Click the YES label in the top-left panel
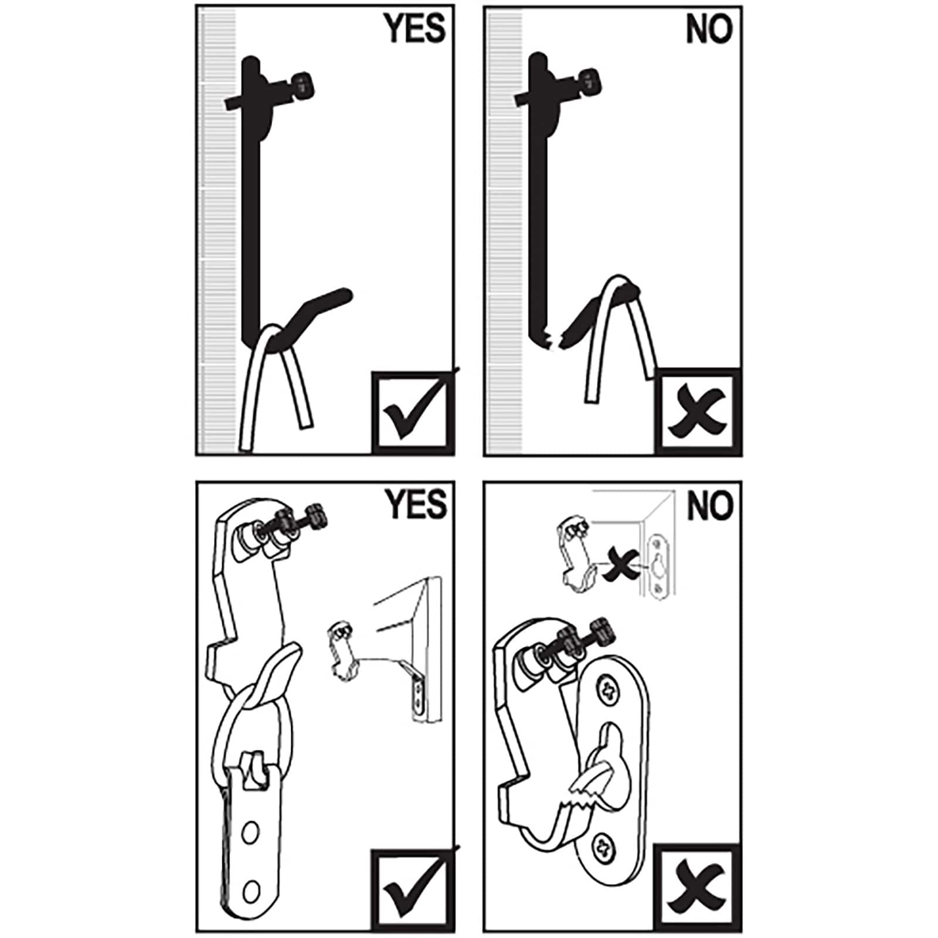pos(414,28)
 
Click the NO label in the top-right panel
pos(709,28)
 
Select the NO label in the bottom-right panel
pos(709,505)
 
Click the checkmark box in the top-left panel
pos(413,412)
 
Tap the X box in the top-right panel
pos(698,412)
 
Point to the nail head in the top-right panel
pos(590,82)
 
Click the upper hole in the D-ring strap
pos(250,831)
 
